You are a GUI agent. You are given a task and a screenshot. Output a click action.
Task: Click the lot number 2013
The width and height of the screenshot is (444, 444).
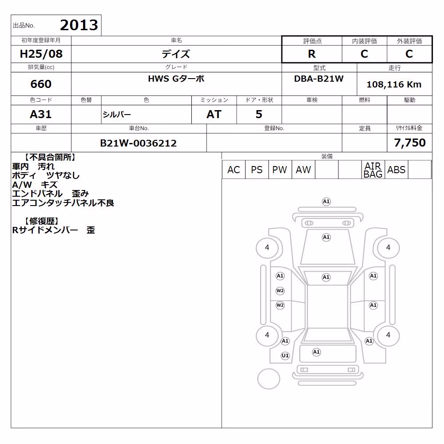[x=79, y=25]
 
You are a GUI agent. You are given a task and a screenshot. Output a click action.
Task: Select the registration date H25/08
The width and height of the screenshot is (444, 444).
[x=41, y=54]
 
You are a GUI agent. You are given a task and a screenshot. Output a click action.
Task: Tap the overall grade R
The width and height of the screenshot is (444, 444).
[x=312, y=54]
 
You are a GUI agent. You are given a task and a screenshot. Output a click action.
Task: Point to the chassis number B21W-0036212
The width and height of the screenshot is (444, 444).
[x=138, y=143]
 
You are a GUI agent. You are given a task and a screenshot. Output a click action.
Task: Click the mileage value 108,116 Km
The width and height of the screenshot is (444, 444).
[x=394, y=84]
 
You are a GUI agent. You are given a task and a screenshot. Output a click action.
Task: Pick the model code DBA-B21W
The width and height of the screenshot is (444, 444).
[x=319, y=79]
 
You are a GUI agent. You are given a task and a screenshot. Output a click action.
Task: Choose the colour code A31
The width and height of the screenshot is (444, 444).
[x=41, y=114]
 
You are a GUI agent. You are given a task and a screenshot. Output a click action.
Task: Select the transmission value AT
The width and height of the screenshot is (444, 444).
[x=214, y=114]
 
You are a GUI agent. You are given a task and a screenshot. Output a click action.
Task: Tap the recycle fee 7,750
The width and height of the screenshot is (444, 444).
[x=410, y=143]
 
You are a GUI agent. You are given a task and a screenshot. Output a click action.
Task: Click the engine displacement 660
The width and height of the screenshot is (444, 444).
[x=41, y=84]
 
